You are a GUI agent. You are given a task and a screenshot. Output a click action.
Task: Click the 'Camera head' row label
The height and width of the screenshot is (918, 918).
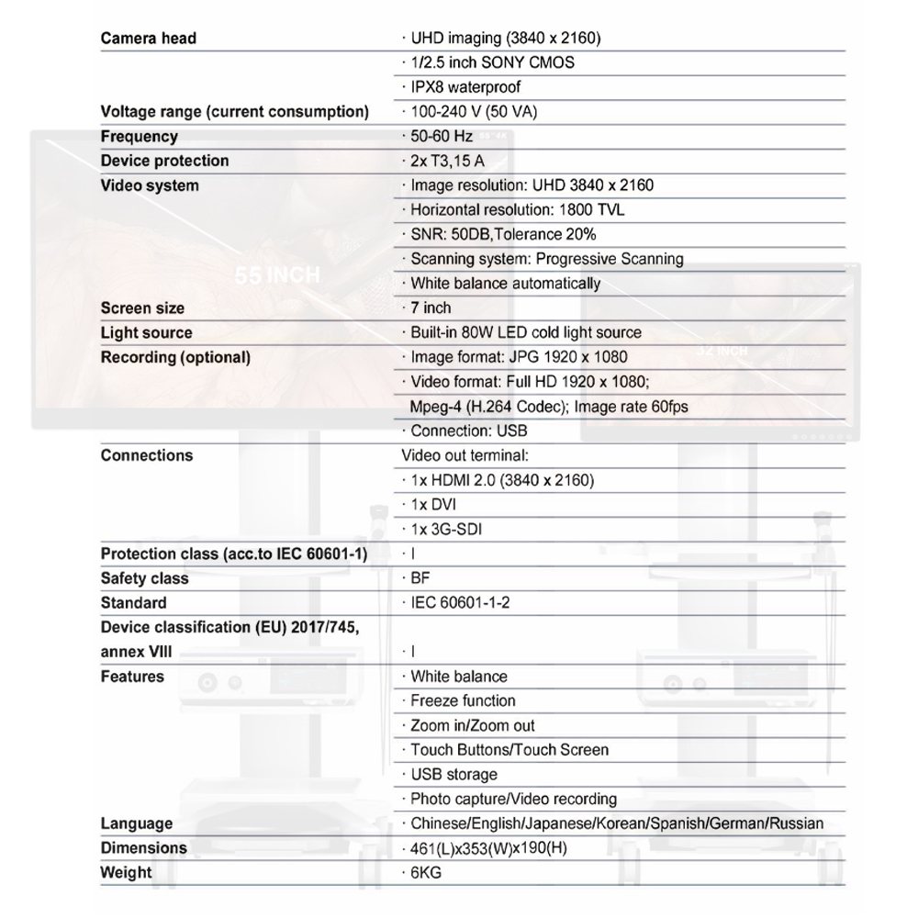(148, 39)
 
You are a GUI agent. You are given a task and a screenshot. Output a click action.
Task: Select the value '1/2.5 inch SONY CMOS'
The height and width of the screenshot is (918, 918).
(492, 63)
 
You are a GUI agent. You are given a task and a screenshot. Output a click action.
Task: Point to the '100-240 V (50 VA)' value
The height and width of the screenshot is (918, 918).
(474, 112)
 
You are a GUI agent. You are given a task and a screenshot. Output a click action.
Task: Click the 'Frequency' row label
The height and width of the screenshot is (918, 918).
(139, 137)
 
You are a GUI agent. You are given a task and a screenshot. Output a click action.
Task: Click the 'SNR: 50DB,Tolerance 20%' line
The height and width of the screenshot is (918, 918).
(503, 234)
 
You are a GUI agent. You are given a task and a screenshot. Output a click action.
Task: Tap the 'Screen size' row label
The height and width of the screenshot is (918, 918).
(142, 308)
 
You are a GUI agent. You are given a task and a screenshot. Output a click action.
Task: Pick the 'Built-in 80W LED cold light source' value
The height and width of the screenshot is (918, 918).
(525, 332)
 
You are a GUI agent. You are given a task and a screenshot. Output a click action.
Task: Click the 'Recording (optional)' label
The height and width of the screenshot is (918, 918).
(175, 357)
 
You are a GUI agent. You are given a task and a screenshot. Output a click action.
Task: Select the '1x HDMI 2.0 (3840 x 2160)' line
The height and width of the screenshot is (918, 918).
(501, 480)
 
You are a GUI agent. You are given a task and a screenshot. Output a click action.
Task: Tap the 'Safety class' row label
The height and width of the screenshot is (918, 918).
(144, 578)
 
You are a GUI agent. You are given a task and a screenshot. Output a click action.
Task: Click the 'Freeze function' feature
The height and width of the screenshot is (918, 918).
(463, 701)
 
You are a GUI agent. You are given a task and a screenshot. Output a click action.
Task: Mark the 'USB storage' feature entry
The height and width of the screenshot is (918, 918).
(453, 775)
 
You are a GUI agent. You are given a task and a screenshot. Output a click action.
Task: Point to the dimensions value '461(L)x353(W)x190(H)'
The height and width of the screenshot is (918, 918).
(488, 848)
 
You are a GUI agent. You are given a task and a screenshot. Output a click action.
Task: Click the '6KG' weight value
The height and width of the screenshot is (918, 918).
(426, 873)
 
